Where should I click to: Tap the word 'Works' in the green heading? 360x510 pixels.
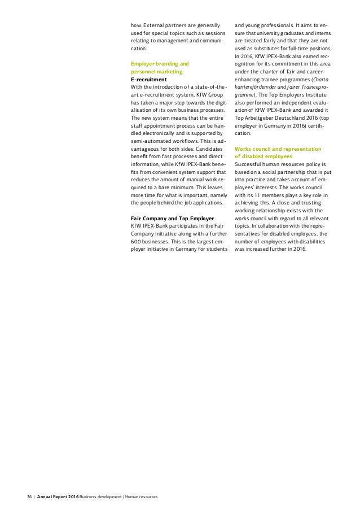[x=243, y=149]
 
